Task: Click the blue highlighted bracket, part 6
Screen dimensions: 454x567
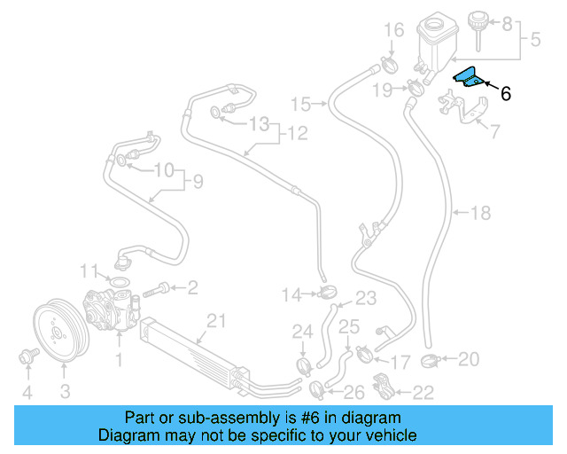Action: coord(468,79)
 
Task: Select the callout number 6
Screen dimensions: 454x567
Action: coord(506,92)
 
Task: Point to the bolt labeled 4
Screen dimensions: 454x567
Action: coord(26,357)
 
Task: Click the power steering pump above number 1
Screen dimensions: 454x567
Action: coord(109,309)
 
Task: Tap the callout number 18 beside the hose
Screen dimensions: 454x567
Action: coord(479,213)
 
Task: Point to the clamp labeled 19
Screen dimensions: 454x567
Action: coord(415,88)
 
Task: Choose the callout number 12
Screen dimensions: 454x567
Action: coord(297,134)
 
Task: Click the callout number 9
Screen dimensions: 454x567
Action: coord(198,182)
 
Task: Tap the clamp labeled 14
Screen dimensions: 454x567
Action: coord(328,293)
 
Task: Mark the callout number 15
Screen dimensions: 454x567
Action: coord(301,105)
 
